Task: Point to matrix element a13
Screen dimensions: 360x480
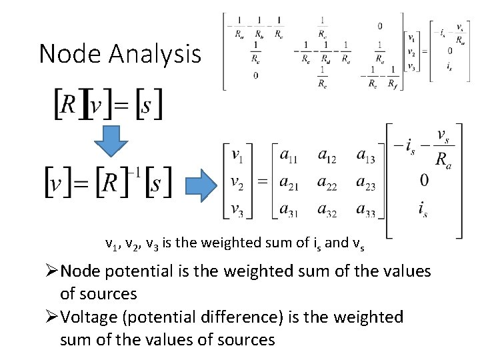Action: [365, 157]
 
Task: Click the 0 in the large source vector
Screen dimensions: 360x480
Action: [425, 181]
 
